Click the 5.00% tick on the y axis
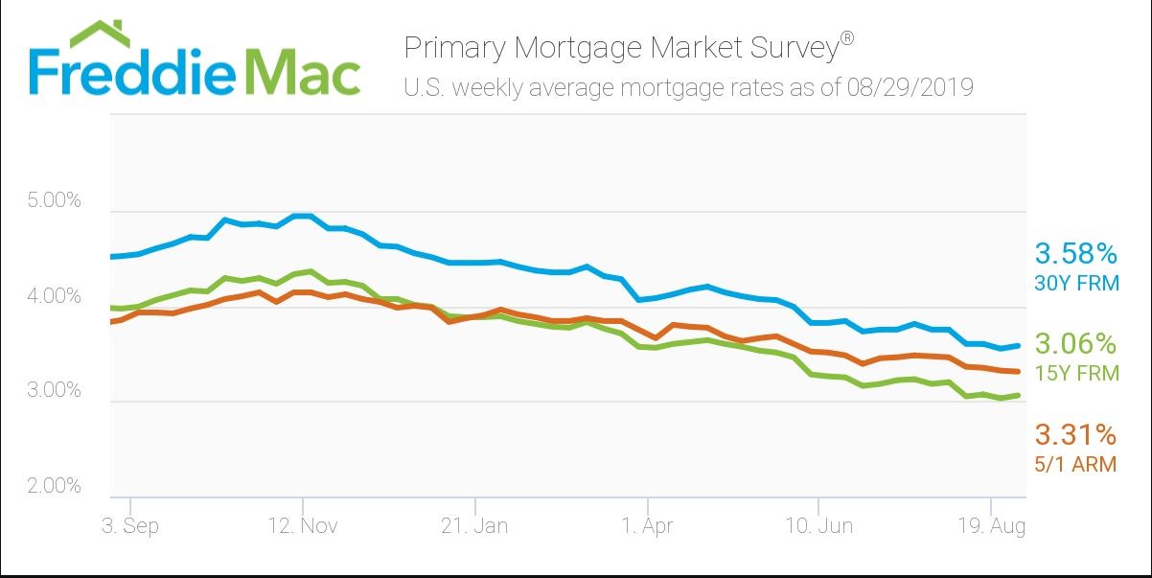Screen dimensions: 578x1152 (x=56, y=202)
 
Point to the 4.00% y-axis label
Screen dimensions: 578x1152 (x=56, y=297)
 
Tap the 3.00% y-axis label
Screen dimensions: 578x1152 (x=56, y=391)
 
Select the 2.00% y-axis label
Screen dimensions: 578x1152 (x=56, y=486)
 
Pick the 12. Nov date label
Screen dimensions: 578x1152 (x=303, y=526)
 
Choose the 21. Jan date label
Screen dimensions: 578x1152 (x=475, y=526)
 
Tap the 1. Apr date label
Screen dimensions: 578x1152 (x=648, y=526)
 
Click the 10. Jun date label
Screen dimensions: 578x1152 (x=819, y=526)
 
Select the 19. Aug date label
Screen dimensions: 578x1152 (x=990, y=526)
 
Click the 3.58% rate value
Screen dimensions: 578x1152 (x=1075, y=254)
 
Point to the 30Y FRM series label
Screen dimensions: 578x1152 (x=1075, y=283)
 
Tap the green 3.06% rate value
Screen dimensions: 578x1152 (x=1075, y=343)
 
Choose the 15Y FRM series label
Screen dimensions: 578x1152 (x=1075, y=373)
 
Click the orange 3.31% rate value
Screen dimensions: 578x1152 (x=1075, y=435)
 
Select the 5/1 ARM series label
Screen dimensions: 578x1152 (x=1075, y=464)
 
